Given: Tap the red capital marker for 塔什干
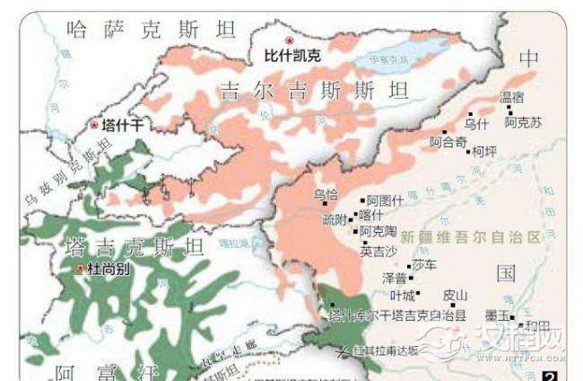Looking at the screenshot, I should coord(94,127).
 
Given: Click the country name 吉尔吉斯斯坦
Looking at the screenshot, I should coord(313,91).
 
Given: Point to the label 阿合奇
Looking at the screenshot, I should coord(448,142).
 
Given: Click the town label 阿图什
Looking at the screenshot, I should coord(386,200).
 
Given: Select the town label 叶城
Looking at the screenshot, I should coord(404,295).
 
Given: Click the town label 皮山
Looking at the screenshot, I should coord(456,295).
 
